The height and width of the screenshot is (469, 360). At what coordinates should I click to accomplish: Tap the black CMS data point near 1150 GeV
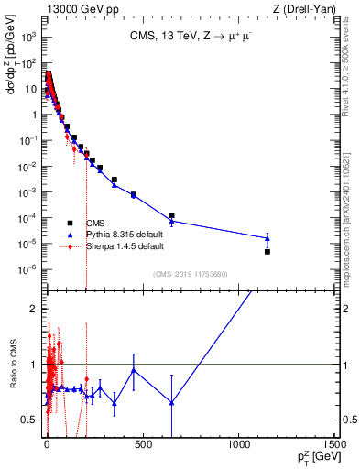point(267,251)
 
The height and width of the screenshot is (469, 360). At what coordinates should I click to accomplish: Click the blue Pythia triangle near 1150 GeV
point(267,238)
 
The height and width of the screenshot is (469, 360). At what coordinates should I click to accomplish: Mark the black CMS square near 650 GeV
point(171,215)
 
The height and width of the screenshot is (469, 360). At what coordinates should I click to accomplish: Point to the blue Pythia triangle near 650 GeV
point(171,221)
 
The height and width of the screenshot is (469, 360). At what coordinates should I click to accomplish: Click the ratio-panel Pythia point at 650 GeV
point(171,403)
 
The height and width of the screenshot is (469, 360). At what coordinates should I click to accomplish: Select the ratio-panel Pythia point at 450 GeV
point(134,370)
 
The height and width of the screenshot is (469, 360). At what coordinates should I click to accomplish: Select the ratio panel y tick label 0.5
point(31,420)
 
